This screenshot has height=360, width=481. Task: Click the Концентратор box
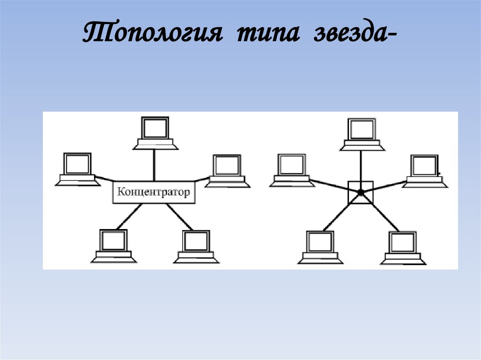pos(154,192)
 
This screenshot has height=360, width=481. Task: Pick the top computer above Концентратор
pos(155,134)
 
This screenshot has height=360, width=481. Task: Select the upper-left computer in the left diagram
pos(78,169)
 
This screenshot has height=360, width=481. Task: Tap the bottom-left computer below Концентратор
pos(114,246)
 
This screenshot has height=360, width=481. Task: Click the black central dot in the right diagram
pos(360,192)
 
